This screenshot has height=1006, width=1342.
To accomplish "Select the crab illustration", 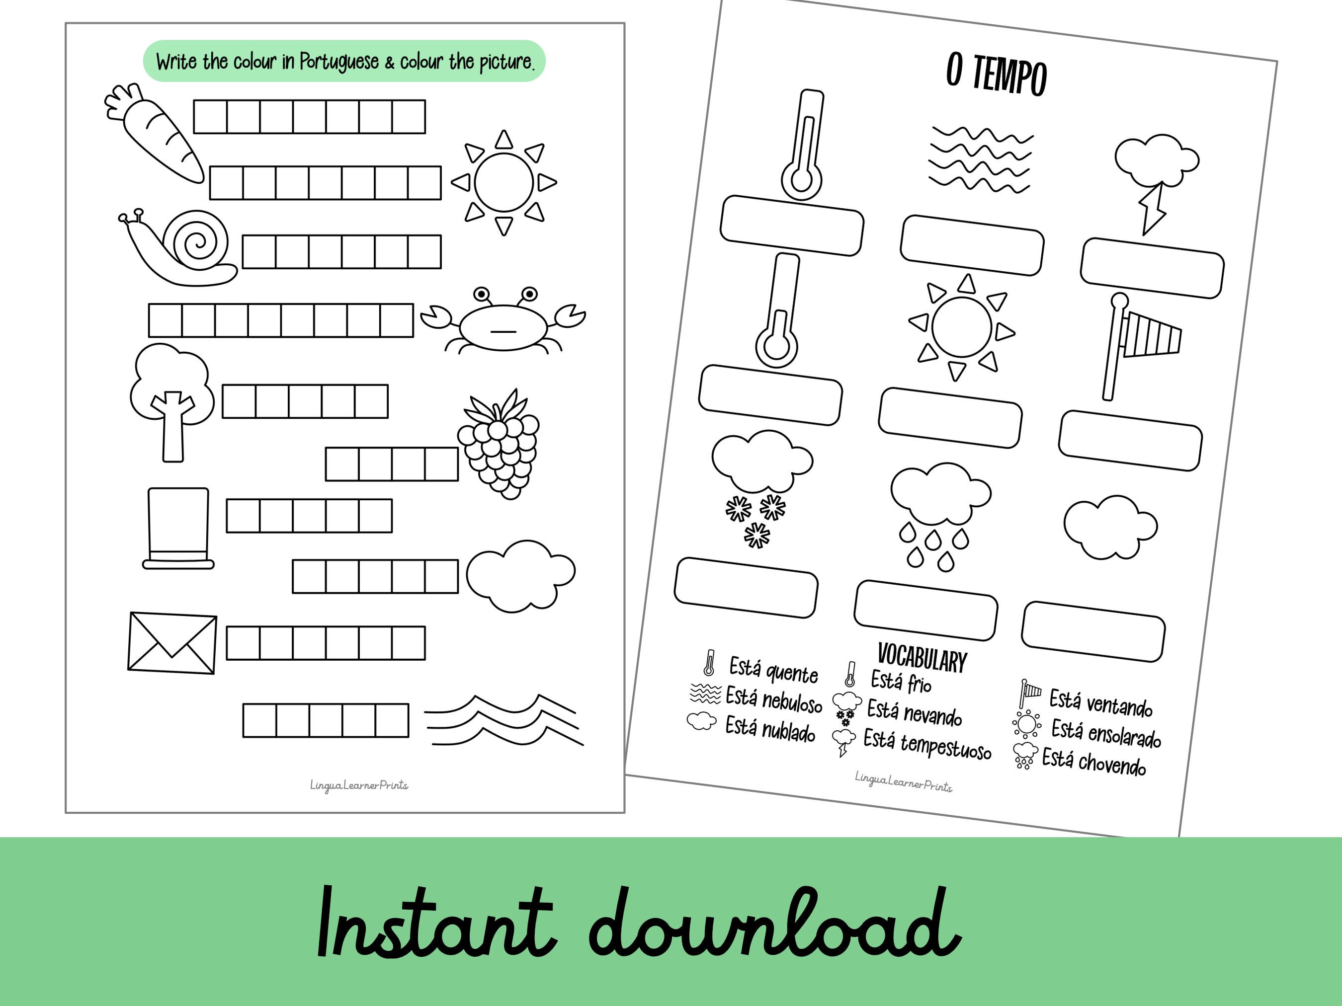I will click(503, 324).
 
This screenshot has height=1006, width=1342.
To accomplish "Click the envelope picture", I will click(172, 643).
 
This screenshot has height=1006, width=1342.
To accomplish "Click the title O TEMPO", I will click(996, 75).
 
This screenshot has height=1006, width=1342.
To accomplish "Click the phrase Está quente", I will click(773, 670).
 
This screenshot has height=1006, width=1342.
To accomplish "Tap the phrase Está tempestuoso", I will click(927, 745).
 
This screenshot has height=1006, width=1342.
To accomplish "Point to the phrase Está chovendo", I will click(1094, 763).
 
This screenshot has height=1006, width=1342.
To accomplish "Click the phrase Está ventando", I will click(1100, 703).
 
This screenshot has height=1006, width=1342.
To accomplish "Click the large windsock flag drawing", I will click(1141, 343).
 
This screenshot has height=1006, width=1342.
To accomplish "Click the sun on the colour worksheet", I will click(503, 182).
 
